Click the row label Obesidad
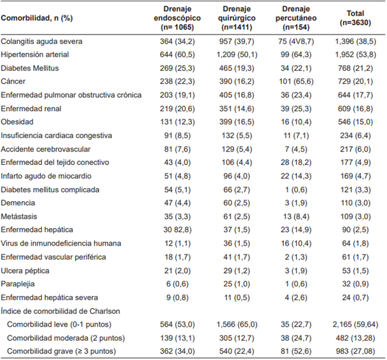[18, 122]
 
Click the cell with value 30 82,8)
[168, 230]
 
